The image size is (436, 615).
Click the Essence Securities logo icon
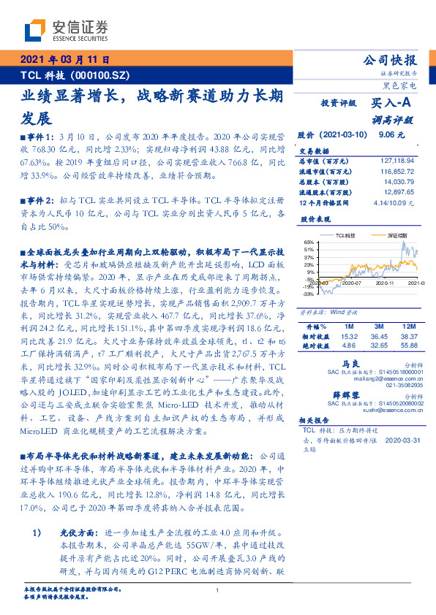click(x=35, y=28)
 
